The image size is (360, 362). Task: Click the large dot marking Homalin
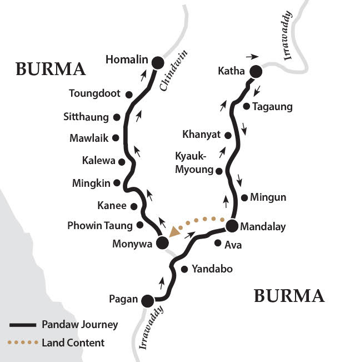coord(158,63)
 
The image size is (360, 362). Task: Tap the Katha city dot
coord(256,71)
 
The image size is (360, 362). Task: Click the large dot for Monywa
coord(162,242)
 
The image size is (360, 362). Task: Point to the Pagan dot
coord(147,300)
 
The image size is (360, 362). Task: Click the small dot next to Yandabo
coord(184,269)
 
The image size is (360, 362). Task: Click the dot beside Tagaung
coord(246,106)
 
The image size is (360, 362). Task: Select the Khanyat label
coord(201,134)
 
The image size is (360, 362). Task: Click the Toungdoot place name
coord(94,93)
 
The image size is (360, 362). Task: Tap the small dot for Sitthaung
coord(117,117)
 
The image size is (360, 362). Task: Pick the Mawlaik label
coord(89,138)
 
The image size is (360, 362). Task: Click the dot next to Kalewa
coord(121,161)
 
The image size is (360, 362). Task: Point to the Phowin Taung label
coord(99,225)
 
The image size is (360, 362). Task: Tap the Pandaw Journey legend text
coord(79,324)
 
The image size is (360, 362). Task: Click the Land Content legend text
coord(73,343)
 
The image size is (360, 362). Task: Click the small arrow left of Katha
coord(252,56)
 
